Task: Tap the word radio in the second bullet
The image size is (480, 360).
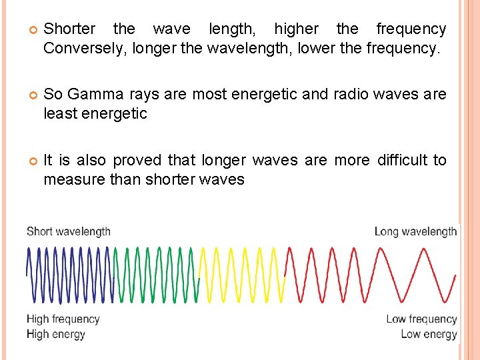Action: coord(355,94)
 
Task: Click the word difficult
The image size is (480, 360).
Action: coord(403,160)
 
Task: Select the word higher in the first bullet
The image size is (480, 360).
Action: coord(296,29)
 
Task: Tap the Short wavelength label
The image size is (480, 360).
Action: coord(69,232)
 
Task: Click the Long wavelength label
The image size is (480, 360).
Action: coord(415,232)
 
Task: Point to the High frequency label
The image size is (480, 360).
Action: coord(63,319)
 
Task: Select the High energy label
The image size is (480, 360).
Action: coord(56,334)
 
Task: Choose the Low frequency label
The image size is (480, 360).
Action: coord(421,319)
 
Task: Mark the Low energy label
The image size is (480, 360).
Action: coord(429,334)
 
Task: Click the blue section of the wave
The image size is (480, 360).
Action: coord(69,274)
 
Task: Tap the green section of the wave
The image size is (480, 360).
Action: coord(156,274)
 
